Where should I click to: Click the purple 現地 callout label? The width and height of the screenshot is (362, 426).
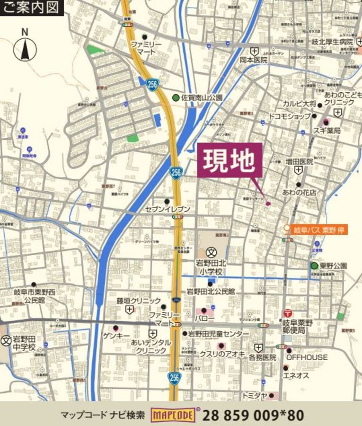tap(229, 161)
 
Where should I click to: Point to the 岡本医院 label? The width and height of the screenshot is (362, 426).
tap(253, 60)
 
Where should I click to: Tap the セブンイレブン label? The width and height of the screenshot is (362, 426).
tap(168, 209)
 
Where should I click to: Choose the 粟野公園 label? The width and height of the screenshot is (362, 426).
tap(333, 266)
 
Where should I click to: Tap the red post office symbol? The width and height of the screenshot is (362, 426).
tap(287, 313)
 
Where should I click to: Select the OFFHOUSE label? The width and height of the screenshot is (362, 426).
tap(307, 357)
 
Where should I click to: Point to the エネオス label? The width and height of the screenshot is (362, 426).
tap(296, 375)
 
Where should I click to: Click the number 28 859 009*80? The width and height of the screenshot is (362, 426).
tap(253, 415)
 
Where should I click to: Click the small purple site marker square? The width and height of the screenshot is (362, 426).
tap(268, 204)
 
